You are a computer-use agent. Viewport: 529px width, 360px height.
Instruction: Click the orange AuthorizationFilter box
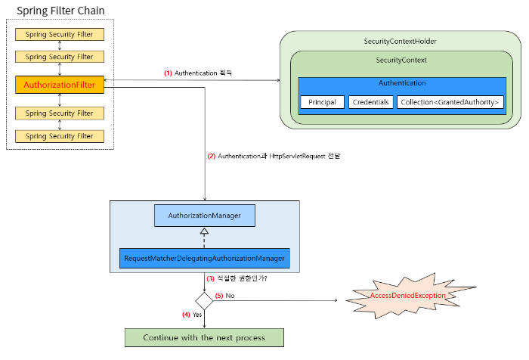[60, 85]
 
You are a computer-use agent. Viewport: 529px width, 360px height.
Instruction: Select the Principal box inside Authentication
[322, 102]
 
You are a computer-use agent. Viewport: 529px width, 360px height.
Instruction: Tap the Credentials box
[371, 102]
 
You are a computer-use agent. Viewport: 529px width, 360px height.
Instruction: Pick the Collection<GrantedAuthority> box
[450, 102]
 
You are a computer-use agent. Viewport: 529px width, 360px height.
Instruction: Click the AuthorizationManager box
[205, 216]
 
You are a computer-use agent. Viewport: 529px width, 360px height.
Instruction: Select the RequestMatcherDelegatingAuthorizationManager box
[205, 259]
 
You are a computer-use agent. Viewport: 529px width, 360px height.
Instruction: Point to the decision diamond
[204, 301]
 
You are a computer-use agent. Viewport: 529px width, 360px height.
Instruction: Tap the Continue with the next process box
[204, 338]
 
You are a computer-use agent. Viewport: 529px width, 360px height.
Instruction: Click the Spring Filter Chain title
[60, 11]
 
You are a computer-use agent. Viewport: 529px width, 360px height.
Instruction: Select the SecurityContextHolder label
[400, 41]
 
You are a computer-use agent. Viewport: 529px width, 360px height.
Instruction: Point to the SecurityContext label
[401, 60]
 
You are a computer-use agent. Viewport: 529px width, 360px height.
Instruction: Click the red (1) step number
[168, 73]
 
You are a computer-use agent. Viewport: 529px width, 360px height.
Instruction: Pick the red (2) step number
[212, 157]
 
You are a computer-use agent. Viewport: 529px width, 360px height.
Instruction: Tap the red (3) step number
[211, 278]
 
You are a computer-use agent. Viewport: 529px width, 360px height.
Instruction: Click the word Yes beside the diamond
[197, 315]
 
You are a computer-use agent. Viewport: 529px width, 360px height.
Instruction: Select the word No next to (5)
[230, 296]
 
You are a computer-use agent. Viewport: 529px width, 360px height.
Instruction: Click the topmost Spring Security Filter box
[60, 35]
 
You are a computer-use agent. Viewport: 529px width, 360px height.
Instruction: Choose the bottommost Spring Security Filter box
[60, 136]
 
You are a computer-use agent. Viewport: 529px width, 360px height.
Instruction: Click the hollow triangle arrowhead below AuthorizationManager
[204, 231]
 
